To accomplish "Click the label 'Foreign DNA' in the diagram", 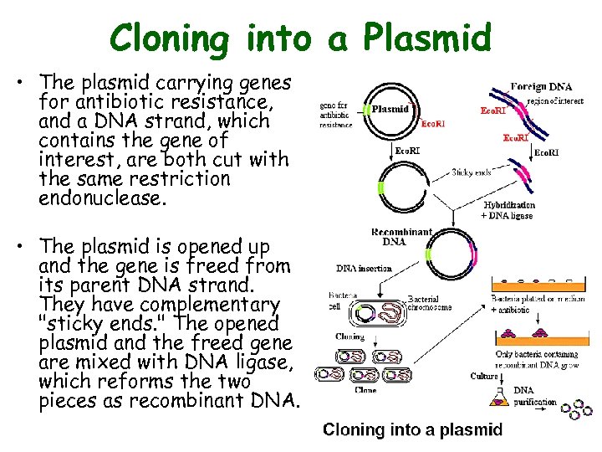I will pos(541,86).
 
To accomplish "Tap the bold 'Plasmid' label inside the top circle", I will pos(390,109).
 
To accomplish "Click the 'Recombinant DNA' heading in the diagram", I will pos(401,237).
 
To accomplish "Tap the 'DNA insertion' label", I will pos(363,269).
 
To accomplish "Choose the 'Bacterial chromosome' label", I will pos(430,303).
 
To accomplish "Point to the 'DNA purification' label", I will pos(534,396).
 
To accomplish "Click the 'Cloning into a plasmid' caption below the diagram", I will pos(412,430).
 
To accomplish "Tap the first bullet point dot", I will pos(28,83).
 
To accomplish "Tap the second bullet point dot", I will pos(28,247).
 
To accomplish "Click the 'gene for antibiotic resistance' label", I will pos(338,116).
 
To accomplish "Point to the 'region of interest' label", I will pos(559,100).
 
